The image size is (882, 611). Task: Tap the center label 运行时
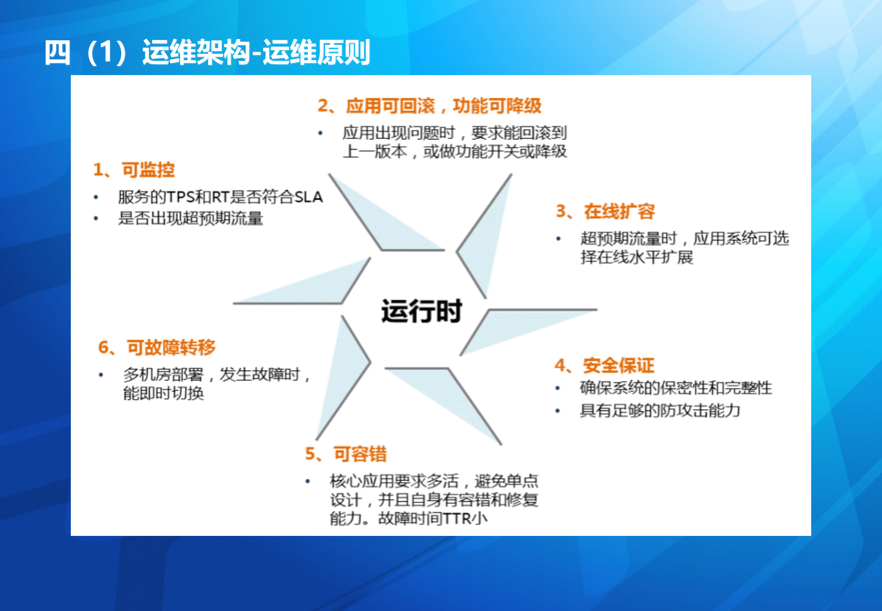(421, 311)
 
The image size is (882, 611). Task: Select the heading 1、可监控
(134, 170)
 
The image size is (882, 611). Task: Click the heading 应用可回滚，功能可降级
(430, 106)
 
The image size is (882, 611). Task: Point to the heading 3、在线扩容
(606, 211)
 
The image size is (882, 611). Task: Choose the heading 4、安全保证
(605, 365)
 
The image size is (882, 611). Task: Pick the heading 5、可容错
(346, 454)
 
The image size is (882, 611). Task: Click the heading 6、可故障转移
(157, 348)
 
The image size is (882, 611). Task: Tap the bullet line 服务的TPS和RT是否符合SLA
(220, 197)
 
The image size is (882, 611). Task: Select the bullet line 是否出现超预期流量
(191, 219)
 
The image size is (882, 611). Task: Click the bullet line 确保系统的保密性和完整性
(676, 388)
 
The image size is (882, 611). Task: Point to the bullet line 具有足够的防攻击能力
(660, 410)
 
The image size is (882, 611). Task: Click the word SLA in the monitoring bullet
(309, 197)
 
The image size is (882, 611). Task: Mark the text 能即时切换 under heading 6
(164, 393)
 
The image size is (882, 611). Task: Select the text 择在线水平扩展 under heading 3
(637, 257)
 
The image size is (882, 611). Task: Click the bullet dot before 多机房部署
(101, 375)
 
